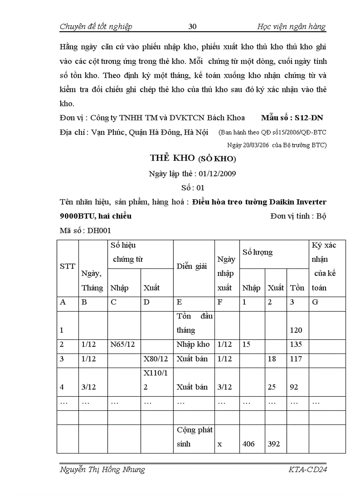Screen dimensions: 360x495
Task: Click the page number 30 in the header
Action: [192, 26]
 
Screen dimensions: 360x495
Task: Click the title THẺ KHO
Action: [170, 158]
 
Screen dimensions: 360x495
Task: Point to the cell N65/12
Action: [121, 344]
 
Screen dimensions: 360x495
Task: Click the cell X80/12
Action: [156, 358]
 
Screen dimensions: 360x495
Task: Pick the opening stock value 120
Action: [296, 330]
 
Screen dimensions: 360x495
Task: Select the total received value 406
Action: [249, 444]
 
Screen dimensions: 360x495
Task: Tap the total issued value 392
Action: [274, 444]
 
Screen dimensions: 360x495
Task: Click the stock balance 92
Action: [294, 387]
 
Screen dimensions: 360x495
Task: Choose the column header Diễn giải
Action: [192, 266]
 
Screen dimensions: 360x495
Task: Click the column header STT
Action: [67, 266]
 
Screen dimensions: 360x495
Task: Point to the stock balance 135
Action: [296, 344]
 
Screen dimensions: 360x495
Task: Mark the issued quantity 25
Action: [272, 387]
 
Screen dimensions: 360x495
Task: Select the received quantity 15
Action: [246, 344]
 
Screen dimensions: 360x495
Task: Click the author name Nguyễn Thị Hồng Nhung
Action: [102, 469]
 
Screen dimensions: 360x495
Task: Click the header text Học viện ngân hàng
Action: [291, 26]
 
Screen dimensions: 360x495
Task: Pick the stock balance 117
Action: [296, 358]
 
